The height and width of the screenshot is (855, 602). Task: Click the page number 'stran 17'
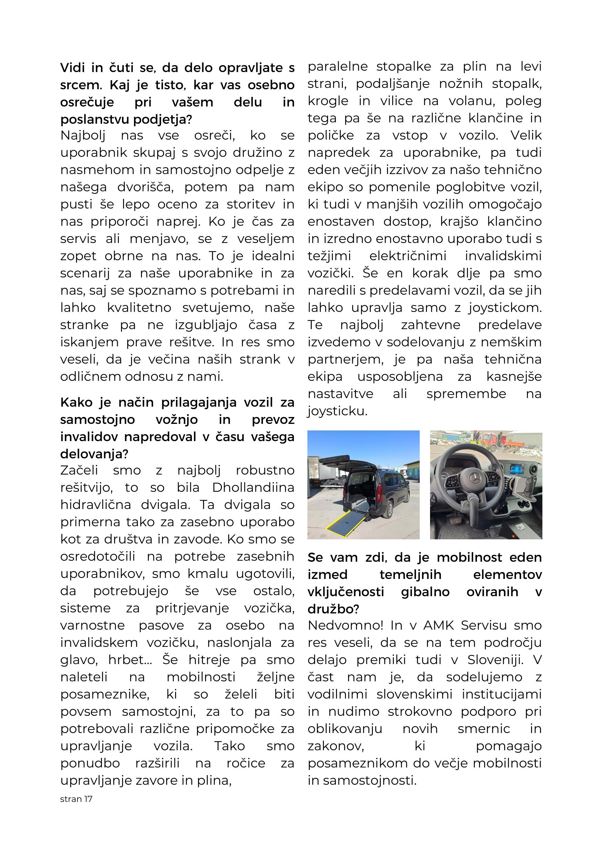point(76,799)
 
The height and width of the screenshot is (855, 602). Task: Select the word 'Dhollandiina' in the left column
point(253,487)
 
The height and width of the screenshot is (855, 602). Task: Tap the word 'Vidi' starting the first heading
point(72,68)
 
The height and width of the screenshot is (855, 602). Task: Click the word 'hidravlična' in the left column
point(96,505)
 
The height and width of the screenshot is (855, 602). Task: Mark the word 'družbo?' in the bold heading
point(333,609)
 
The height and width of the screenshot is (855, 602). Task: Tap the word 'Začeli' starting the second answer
point(79,470)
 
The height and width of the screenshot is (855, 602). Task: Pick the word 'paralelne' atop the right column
point(337,67)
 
